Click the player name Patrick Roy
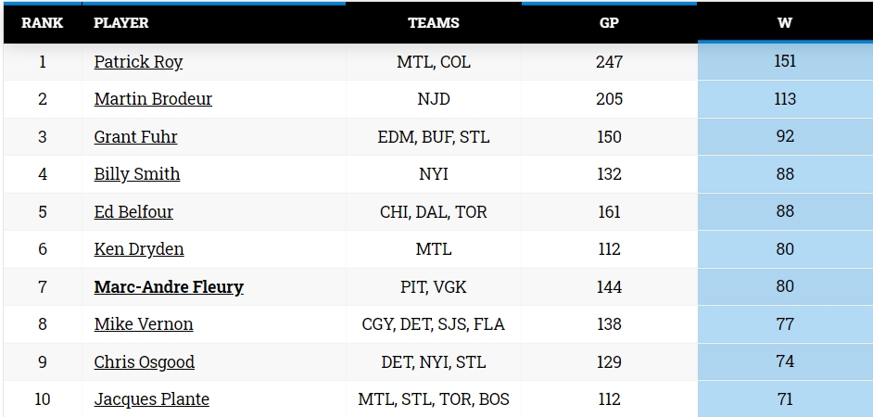click(x=138, y=62)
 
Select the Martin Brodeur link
click(x=153, y=99)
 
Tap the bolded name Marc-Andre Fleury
click(x=169, y=286)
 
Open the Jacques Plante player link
click(x=151, y=399)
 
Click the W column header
click(x=784, y=23)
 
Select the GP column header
click(x=609, y=23)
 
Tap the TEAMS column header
click(x=434, y=23)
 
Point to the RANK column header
click(x=43, y=23)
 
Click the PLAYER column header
click(x=121, y=23)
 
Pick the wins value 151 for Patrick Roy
click(x=785, y=61)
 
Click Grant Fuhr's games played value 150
click(x=609, y=137)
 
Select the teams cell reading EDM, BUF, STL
click(x=434, y=137)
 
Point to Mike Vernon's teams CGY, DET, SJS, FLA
click(x=434, y=324)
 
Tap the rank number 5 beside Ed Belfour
click(x=43, y=212)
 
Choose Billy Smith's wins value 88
click(x=785, y=174)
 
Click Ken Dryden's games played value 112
click(x=609, y=249)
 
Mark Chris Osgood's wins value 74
click(x=785, y=361)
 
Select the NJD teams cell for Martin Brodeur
click(x=434, y=99)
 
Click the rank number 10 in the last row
click(x=43, y=399)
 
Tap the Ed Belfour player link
click(x=133, y=212)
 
